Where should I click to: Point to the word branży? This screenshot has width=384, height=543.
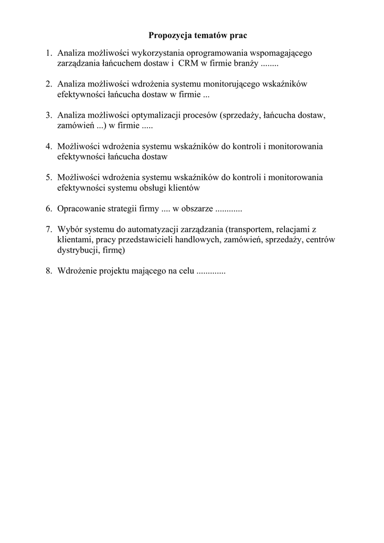click(247, 64)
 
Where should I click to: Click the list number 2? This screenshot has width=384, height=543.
click(48, 84)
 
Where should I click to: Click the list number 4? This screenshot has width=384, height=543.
click(48, 146)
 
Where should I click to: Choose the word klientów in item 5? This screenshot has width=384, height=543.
click(188, 187)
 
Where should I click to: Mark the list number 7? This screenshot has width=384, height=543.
click(48, 229)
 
